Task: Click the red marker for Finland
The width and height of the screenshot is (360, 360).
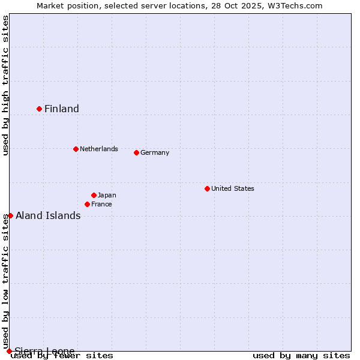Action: point(40,109)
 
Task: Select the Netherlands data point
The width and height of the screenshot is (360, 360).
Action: point(76,149)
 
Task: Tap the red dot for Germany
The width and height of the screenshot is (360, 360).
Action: point(136,152)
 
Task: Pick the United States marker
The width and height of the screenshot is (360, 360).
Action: point(207,188)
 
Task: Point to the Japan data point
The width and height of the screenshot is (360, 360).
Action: point(94,195)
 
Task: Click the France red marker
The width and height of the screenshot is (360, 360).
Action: point(88,204)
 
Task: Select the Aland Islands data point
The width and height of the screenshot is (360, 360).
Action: point(10,215)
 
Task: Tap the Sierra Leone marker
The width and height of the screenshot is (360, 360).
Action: point(9,351)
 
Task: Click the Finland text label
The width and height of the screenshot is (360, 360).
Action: point(62,109)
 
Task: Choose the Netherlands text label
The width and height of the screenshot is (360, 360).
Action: point(99,149)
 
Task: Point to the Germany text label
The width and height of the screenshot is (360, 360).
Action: point(155,152)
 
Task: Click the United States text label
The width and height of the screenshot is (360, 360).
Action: point(233,188)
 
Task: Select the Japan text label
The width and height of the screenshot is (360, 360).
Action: point(107,195)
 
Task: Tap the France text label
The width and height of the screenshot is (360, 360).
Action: point(101,204)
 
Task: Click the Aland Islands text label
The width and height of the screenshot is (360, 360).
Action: point(48,216)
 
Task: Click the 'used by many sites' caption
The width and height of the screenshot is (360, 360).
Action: point(301,355)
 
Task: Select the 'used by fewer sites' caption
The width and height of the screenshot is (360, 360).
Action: point(62,355)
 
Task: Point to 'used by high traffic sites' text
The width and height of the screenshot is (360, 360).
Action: point(5,85)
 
